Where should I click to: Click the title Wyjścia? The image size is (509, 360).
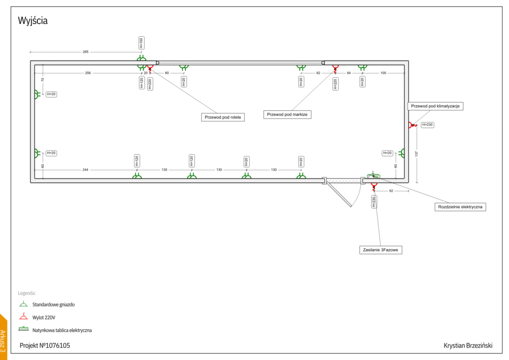point(33,21)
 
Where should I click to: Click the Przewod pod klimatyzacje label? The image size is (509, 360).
point(435,106)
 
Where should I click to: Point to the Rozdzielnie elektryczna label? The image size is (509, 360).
point(461,207)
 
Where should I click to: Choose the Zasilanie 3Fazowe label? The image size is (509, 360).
point(380,250)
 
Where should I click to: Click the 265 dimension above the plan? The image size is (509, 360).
point(85,52)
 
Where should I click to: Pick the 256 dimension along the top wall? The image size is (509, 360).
point(87,73)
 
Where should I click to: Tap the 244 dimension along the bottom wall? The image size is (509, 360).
point(85,170)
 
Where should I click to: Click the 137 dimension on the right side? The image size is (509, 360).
point(417,154)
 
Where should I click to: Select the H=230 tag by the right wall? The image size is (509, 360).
point(427,125)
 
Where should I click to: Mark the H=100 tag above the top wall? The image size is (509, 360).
point(141,43)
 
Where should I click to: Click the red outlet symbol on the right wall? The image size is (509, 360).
point(412,125)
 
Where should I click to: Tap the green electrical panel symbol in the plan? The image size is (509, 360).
point(373,176)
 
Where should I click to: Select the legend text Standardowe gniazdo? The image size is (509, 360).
point(54,304)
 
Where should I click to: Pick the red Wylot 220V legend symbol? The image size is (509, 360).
point(23,316)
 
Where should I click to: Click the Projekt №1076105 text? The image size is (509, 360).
point(45,345)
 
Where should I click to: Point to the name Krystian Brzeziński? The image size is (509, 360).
point(469,345)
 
